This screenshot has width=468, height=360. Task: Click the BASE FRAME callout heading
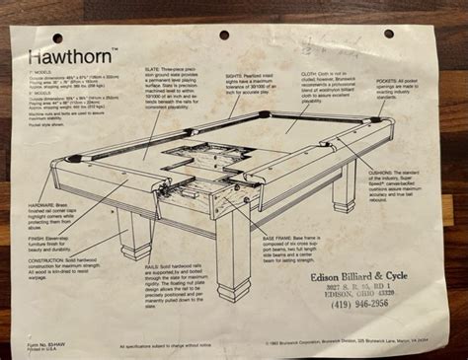[x=253, y=239]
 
